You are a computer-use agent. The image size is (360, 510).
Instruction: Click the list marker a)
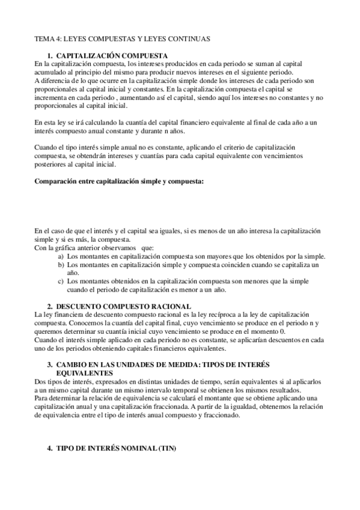click(61, 256)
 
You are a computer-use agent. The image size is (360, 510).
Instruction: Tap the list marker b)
click(61, 264)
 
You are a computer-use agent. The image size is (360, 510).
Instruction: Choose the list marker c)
click(61, 281)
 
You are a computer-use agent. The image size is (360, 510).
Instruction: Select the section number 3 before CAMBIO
click(49, 365)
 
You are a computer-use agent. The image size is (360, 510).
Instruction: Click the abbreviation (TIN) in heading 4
click(165, 449)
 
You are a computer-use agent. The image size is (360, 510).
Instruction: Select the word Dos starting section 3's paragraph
click(40, 381)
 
